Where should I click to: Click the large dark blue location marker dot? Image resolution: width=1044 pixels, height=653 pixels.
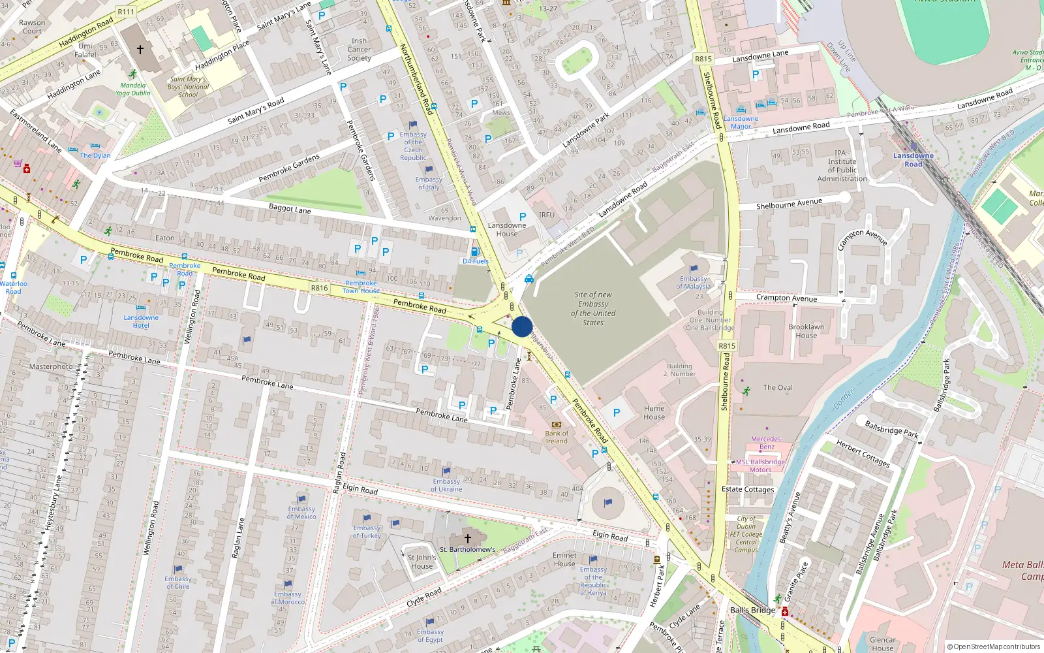pos(522,326)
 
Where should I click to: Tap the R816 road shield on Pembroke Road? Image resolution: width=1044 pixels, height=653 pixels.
pos(319,288)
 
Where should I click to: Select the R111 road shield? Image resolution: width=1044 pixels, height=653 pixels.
pos(126,12)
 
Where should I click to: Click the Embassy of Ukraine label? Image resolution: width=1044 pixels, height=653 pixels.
pos(446,485)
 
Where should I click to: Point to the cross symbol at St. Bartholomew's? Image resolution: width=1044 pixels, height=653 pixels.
pos(467,539)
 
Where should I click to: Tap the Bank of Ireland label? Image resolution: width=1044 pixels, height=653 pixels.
pos(557,437)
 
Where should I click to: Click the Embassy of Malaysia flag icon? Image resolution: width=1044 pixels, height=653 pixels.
pos(694,268)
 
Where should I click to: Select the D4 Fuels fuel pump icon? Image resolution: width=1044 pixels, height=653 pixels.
pos(475,251)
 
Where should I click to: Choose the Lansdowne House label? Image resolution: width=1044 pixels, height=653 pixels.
pos(507,229)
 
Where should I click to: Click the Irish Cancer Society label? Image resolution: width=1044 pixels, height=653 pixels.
pos(359,50)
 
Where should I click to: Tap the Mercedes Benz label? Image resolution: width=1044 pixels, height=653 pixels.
pos(766,443)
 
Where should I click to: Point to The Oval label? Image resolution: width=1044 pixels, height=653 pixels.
pos(778,387)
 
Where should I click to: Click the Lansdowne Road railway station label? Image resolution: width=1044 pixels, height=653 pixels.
pos(913,160)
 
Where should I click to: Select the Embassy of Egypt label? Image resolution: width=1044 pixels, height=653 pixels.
pos(430,635)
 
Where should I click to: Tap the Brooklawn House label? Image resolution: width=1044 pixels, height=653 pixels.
pos(806,331)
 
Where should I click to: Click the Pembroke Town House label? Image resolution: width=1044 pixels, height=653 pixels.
pos(361,287)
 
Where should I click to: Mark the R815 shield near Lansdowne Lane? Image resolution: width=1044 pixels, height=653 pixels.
pos(703,59)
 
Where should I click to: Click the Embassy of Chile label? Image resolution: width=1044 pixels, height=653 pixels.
pos(177,582)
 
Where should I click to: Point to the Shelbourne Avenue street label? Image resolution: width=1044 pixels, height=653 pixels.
pos(789,204)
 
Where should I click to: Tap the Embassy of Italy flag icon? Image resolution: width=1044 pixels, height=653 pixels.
pos(429,170)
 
